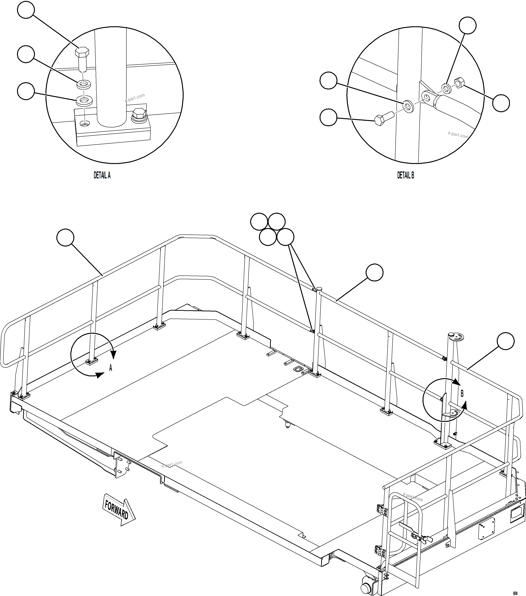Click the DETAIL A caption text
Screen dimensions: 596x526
pyautogui.click(x=102, y=175)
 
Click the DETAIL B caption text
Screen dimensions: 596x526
pyautogui.click(x=406, y=175)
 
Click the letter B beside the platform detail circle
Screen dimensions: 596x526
pyautogui.click(x=462, y=394)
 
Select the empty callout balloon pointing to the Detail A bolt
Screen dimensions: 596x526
pyautogui.click(x=26, y=10)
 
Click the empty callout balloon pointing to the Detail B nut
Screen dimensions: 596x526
pyautogui.click(x=501, y=103)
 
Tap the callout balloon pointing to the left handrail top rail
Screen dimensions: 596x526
pyautogui.click(x=66, y=237)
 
